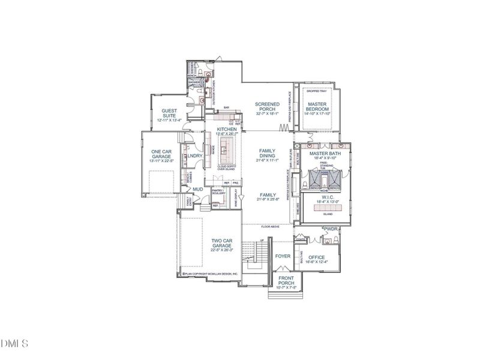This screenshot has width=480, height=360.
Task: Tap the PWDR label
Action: [331, 229]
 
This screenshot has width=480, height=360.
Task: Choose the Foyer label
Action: [283, 256]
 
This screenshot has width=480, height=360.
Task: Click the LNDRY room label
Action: [195, 156]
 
